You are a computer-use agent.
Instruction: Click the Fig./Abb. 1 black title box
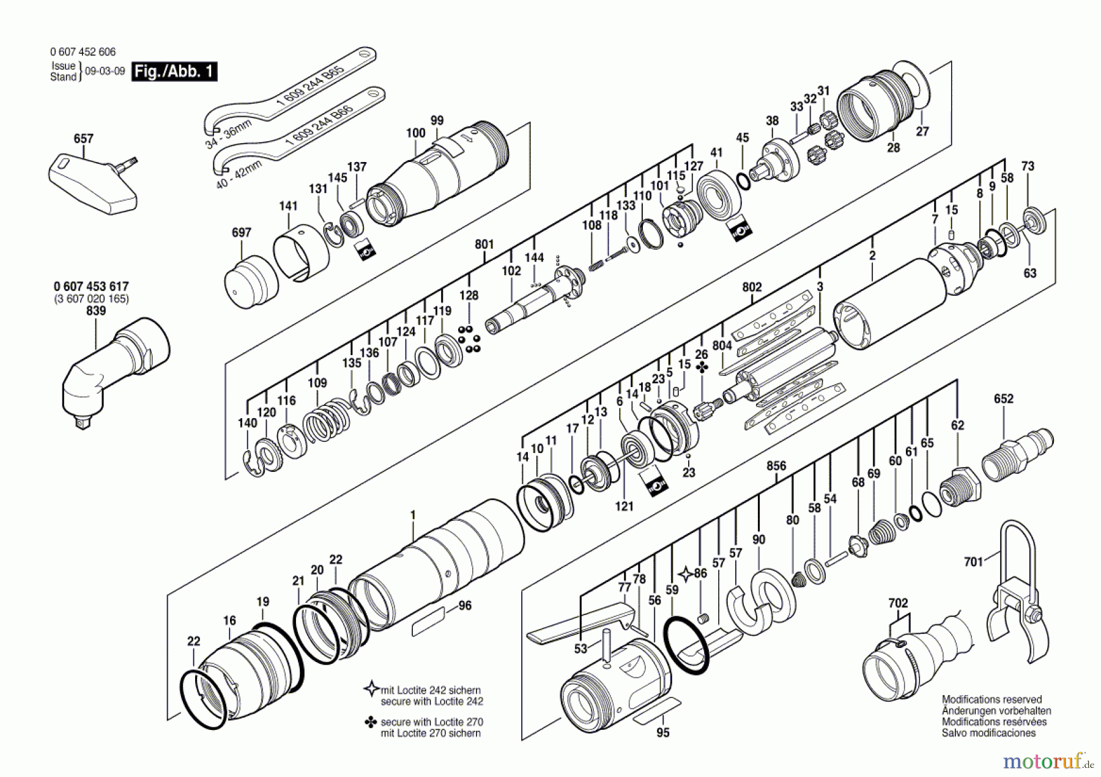point(174,72)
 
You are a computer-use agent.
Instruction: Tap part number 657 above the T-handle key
point(83,139)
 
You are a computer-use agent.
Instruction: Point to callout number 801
point(484,244)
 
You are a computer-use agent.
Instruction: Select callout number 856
point(776,466)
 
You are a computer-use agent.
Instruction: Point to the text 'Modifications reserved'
point(992,699)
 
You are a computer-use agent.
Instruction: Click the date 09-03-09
point(105,71)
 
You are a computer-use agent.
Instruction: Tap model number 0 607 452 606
point(83,52)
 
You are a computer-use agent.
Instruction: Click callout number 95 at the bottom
point(663,732)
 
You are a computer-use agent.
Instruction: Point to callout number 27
point(922,131)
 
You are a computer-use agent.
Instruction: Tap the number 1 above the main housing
point(413,515)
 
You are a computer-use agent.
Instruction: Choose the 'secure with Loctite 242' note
point(431,696)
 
